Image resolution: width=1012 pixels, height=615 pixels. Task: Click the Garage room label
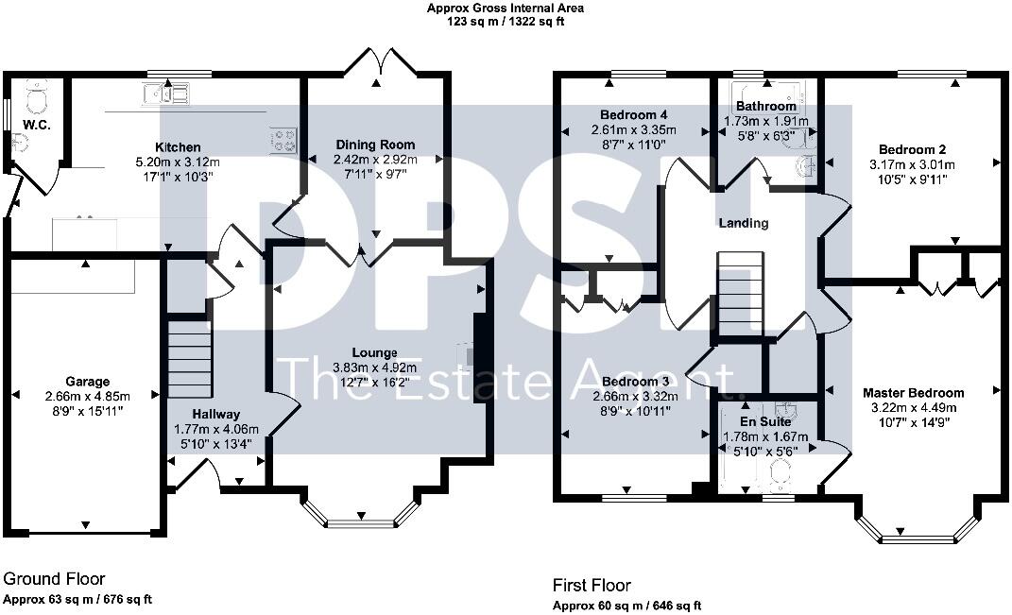tap(87, 382)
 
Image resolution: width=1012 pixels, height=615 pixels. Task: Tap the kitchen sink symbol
tap(165, 93)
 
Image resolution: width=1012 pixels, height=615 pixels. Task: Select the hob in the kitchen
tap(283, 140)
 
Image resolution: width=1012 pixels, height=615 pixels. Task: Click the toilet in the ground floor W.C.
tap(35, 99)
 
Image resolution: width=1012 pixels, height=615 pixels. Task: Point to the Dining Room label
tap(375, 145)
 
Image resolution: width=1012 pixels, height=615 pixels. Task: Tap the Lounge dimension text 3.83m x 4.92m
tap(375, 367)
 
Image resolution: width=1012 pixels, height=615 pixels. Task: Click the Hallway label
tap(216, 414)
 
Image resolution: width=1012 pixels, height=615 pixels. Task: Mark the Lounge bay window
tap(360, 515)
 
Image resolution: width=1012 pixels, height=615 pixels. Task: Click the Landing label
tap(743, 224)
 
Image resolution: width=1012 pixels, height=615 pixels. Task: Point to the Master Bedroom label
tap(914, 393)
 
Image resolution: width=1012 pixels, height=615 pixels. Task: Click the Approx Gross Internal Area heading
tap(506, 9)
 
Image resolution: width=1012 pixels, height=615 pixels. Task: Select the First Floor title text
tap(592, 586)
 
